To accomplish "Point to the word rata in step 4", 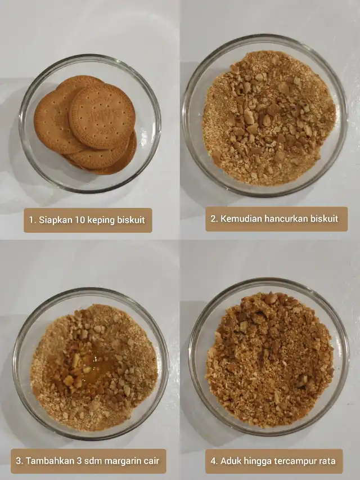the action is [x=327, y=461].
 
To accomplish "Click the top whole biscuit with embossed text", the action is [x=102, y=116].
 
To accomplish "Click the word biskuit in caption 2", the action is [x=325, y=218].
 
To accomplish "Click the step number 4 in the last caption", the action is [x=213, y=461].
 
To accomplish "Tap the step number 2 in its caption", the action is [x=213, y=218].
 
